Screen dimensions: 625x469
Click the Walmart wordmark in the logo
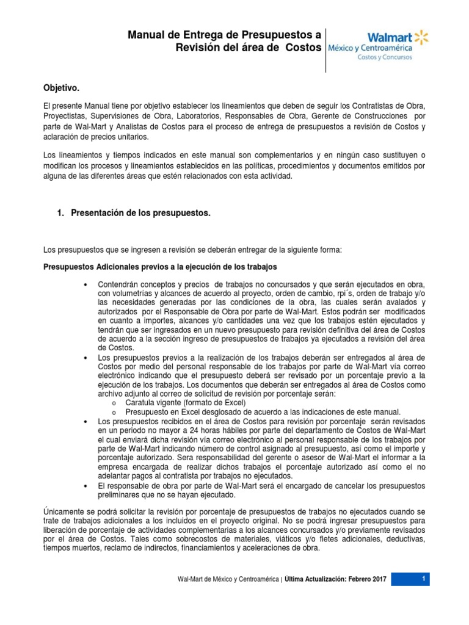coord(388,36)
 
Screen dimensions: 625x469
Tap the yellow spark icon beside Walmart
coord(421,37)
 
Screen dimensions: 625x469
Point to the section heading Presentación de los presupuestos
coord(140,213)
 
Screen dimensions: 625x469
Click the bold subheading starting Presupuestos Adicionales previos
coord(160,267)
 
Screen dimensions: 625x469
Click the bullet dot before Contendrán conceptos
coord(84,286)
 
